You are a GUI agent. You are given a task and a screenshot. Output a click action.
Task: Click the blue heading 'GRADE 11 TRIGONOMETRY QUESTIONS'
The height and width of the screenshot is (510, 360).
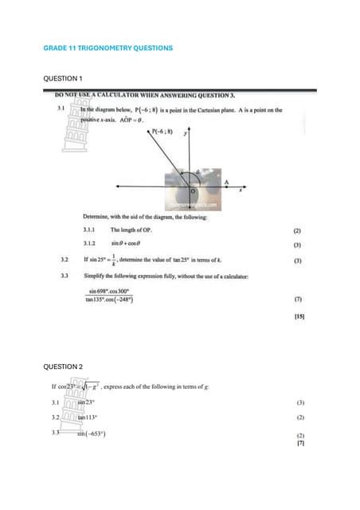108,49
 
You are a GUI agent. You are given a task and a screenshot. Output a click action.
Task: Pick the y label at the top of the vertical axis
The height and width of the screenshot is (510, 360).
185,135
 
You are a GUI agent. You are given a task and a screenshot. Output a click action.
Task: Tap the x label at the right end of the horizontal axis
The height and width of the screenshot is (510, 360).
240,190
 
